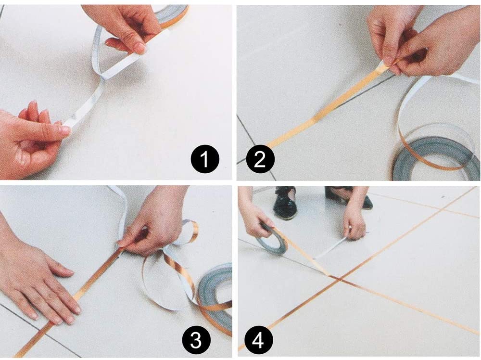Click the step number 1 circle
[205, 159]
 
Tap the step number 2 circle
[260, 159]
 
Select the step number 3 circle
[196, 340]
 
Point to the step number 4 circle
[259, 340]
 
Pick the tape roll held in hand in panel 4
[274, 239]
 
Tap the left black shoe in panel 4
[285, 202]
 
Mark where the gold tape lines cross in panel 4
[339, 279]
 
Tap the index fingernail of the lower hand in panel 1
[65, 130]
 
